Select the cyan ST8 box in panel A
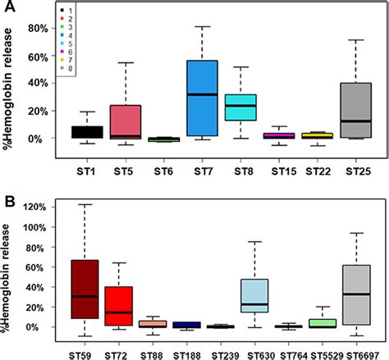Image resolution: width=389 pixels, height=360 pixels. (241, 107)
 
